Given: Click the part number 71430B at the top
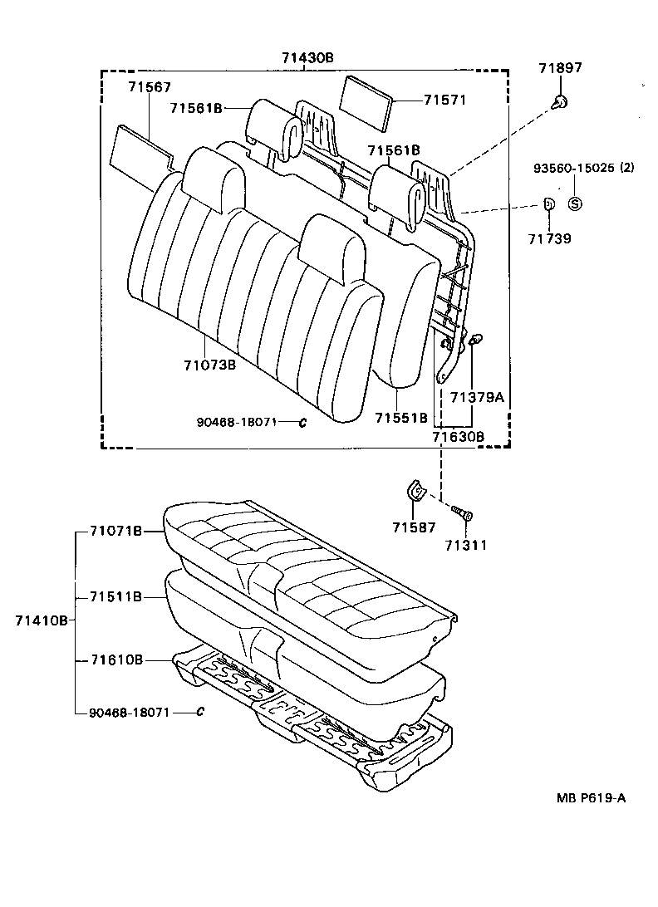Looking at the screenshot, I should (x=307, y=57).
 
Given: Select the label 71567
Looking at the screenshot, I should (x=150, y=87).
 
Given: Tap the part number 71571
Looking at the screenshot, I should (x=444, y=100).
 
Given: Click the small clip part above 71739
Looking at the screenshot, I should (x=549, y=203).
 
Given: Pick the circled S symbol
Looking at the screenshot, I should (x=575, y=203).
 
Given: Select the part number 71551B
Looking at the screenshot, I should (x=401, y=417).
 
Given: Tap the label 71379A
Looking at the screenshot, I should (x=476, y=397).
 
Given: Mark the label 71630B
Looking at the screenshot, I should (x=458, y=435).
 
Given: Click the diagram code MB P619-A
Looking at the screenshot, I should (x=591, y=798).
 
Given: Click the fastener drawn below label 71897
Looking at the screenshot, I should (x=561, y=103).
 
